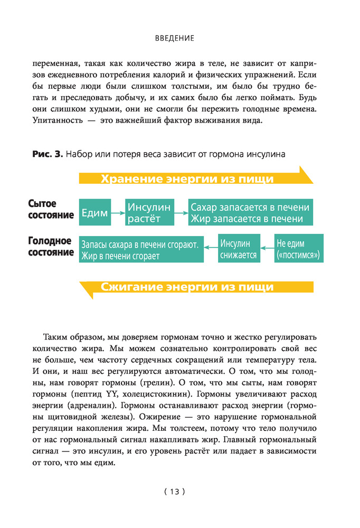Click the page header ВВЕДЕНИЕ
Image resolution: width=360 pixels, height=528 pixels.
pyautogui.click(x=175, y=38)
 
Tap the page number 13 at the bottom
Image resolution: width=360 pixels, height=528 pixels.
pyautogui.click(x=174, y=492)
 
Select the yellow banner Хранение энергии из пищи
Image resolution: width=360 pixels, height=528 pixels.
pyautogui.click(x=187, y=178)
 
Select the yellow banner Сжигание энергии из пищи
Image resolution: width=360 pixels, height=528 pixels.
pyautogui.click(x=187, y=287)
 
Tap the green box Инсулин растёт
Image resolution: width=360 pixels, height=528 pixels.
pyautogui.click(x=149, y=213)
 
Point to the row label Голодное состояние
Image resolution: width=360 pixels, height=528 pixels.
pyautogui.click(x=50, y=247)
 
